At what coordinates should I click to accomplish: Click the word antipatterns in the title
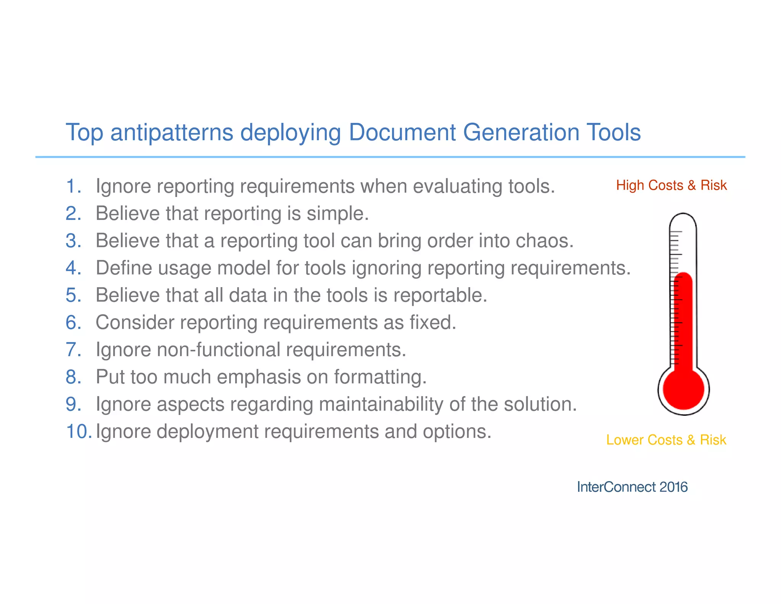coord(172,132)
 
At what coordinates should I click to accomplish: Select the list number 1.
coord(73,186)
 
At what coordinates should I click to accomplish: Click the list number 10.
coord(79,431)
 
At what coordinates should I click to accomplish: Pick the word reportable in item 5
coord(440,295)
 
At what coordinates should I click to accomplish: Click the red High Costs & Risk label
coord(671,185)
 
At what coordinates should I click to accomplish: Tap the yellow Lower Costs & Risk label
coord(666,440)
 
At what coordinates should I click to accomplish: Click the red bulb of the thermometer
coord(683,389)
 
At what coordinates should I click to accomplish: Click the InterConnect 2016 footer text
coord(632,487)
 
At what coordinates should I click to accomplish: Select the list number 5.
coord(73,295)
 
